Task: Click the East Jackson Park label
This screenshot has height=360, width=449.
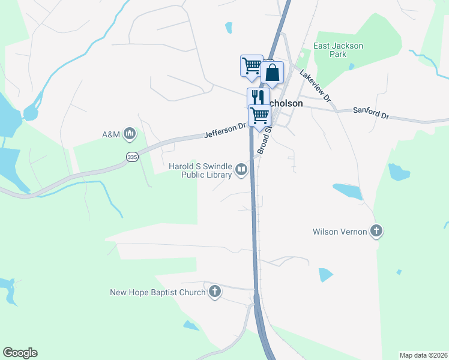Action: tap(339, 50)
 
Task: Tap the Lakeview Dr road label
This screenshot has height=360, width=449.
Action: tap(315, 85)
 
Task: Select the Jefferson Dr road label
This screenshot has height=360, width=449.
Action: tap(226, 130)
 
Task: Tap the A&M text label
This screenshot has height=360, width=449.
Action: tap(111, 134)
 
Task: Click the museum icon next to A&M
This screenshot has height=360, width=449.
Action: tap(129, 134)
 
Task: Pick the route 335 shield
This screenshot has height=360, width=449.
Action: tap(132, 157)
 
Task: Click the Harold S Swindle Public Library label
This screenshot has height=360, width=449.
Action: tap(200, 170)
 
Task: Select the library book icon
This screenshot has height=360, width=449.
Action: tap(241, 170)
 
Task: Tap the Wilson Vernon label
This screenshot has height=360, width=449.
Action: tap(340, 232)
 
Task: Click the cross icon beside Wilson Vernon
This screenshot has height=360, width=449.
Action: tap(376, 230)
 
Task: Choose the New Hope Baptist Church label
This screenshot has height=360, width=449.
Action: tap(157, 293)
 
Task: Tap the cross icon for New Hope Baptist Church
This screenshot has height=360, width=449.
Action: tap(215, 292)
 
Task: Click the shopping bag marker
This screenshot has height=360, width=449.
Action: tap(273, 73)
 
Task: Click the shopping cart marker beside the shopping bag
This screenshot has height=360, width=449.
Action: tap(252, 65)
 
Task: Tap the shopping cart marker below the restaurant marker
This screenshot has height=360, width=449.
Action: tap(260, 115)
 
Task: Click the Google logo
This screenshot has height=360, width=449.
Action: tap(20, 353)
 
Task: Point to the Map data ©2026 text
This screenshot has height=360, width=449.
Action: tap(423, 355)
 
